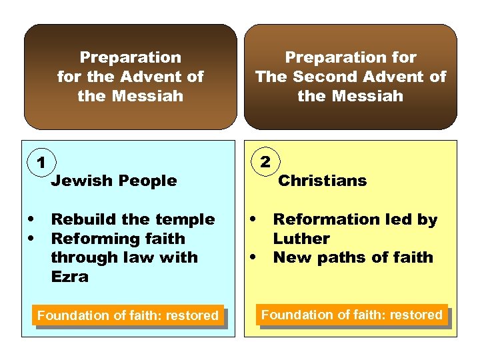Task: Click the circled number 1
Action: tap(41, 162)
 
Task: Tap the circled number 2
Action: tap(265, 161)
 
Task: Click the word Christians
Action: tap(322, 180)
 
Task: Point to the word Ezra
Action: tap(69, 277)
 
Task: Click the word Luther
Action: tap(301, 238)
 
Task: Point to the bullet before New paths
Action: tap(253, 257)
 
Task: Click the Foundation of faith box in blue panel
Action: tap(127, 315)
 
